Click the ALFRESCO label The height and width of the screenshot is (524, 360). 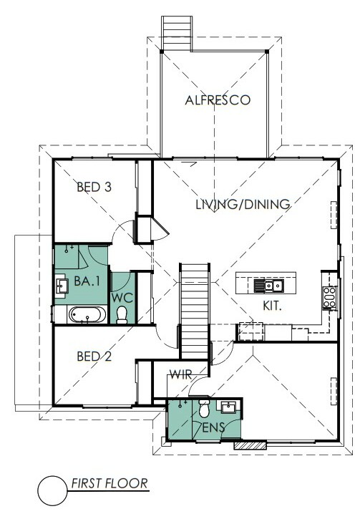point(218,100)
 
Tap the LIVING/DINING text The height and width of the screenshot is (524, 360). point(243,204)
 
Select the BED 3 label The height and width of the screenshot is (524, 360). point(94,187)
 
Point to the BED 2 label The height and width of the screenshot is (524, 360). point(94,356)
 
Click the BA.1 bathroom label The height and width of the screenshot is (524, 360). point(87,281)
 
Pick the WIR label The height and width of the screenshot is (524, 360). point(180,375)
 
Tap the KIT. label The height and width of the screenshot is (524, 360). point(272,306)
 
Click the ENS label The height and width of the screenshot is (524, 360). point(213,427)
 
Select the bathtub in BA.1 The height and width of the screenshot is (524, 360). point(87,315)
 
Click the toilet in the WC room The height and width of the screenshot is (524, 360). point(122,315)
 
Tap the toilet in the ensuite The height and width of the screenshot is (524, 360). point(204,407)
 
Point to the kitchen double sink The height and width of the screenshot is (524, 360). point(268,286)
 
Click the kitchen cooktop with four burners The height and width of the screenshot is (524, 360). point(329,297)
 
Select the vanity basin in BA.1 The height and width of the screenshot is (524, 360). point(62,286)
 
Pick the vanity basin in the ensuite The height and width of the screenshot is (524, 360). point(228,407)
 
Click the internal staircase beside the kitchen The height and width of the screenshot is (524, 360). point(195,311)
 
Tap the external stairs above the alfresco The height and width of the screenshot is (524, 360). point(177,33)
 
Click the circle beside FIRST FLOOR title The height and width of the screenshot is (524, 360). point(52,490)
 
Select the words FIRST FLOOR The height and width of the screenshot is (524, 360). point(110,484)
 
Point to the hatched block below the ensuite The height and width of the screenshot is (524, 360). point(250,445)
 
